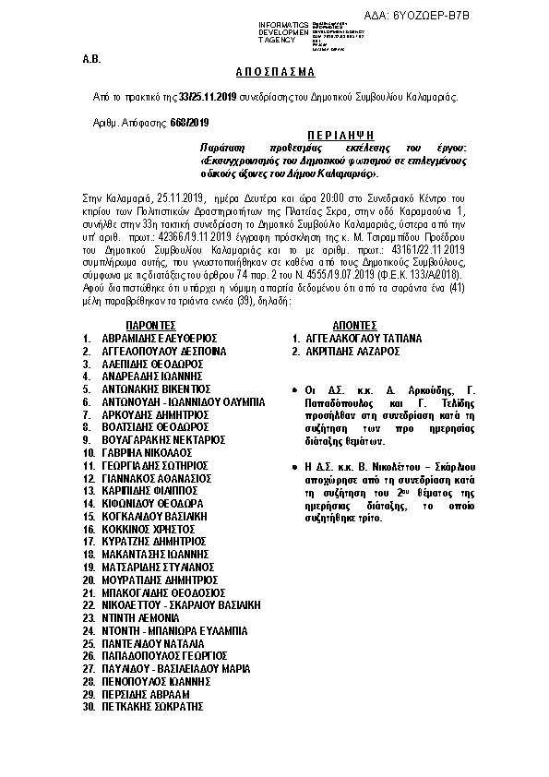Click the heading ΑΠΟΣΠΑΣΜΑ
click(274, 71)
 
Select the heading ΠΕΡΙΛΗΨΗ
click(347, 134)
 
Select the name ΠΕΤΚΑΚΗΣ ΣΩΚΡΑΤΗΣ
click(152, 706)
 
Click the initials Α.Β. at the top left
click(91, 58)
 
